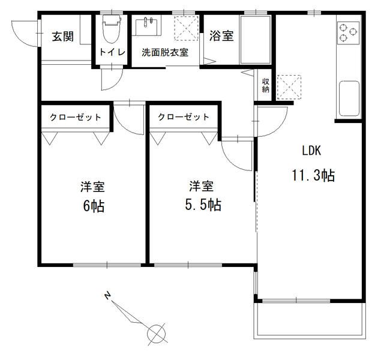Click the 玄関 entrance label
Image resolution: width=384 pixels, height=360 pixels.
[62, 37]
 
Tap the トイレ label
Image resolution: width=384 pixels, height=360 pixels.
[112, 52]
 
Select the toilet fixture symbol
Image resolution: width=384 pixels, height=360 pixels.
[112, 27]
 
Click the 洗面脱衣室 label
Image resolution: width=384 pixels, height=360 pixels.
[165, 52]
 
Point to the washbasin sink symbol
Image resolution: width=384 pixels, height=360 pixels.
[146, 27]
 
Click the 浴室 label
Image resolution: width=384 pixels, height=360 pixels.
[221, 36]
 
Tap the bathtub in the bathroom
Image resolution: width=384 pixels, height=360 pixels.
[256, 40]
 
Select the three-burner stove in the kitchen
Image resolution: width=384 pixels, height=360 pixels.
[348, 32]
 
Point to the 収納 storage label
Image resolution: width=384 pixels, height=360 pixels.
[265, 85]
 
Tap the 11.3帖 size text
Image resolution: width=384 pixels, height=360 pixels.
[313, 175]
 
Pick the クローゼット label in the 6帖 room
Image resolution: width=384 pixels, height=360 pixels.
[76, 117]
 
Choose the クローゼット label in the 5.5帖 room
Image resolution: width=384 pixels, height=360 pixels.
[184, 117]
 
